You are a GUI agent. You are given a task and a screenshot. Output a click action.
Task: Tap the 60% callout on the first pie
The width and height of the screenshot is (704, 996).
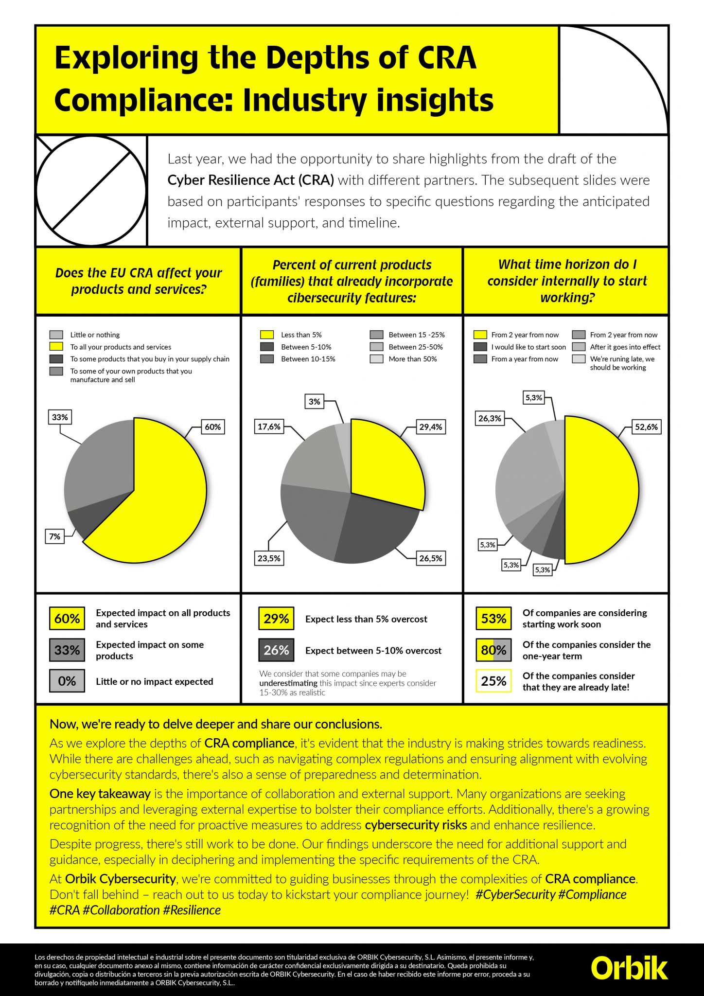[212, 427]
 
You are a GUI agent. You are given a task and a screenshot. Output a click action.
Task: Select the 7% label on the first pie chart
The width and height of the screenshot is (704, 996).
[55, 536]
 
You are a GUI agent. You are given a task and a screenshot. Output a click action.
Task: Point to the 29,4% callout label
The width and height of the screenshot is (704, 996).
[430, 427]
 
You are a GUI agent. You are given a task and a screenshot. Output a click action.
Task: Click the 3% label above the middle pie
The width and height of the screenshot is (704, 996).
[315, 401]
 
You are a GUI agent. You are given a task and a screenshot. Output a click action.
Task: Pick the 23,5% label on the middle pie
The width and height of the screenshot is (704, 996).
[269, 558]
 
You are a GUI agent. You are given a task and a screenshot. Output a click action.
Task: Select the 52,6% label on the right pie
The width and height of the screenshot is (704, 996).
[646, 427]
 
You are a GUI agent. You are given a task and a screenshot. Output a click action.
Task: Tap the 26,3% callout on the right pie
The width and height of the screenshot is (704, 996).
[490, 418]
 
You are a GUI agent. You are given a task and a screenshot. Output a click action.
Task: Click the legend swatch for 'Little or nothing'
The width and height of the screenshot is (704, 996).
[56, 335]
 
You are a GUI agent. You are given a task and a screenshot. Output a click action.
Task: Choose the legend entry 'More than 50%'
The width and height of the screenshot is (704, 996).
[412, 359]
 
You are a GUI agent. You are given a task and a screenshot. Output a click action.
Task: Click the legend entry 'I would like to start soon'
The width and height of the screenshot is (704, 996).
[528, 347]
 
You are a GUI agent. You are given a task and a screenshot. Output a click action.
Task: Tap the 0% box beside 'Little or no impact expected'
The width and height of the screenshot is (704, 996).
[67, 681]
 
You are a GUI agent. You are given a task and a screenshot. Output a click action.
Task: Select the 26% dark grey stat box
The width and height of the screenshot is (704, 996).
[276, 650]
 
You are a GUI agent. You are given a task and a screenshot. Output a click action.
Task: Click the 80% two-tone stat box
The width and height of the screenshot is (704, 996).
[493, 650]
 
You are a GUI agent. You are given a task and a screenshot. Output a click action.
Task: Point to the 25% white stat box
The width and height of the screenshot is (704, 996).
[493, 681]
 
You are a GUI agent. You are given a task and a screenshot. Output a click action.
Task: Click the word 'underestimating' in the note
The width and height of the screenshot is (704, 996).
[288, 683]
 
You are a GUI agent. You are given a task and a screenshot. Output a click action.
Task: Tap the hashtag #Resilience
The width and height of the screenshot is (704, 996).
[192, 910]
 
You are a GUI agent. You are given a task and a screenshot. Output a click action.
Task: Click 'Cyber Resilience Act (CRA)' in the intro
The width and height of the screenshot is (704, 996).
[250, 180]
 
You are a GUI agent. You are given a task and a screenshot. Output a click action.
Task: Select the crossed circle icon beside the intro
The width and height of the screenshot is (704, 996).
[91, 191]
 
